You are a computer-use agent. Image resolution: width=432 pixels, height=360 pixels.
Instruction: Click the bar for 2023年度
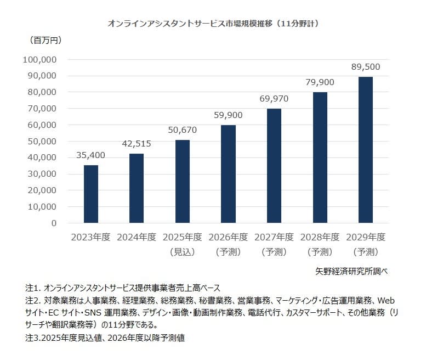coord(91,194)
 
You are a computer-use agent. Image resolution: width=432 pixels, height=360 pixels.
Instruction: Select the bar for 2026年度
coord(228,174)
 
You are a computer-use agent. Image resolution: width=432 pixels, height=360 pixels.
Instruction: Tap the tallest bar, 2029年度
coord(365,150)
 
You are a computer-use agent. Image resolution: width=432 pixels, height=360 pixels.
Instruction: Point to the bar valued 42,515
coord(137,188)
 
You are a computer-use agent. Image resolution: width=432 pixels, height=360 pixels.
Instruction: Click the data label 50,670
coord(182,130)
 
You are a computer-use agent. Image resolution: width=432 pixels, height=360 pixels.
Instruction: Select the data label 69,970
coord(274,99)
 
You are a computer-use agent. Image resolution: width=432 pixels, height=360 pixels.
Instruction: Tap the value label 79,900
coord(320,82)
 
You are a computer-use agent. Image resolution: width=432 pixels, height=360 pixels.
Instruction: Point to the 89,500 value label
coord(365,66)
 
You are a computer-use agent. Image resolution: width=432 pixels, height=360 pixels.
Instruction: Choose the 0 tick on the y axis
coord(54,223)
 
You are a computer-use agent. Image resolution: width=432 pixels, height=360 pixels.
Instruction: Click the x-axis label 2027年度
coord(274,238)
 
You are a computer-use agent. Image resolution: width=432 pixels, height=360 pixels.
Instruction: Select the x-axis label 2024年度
coord(137,238)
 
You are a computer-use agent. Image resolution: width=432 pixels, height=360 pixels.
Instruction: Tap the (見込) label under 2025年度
coord(182,252)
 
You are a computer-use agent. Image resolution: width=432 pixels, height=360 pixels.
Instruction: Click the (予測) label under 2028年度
coord(320,252)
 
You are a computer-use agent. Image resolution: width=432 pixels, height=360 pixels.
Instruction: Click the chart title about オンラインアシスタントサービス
coord(213,24)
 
